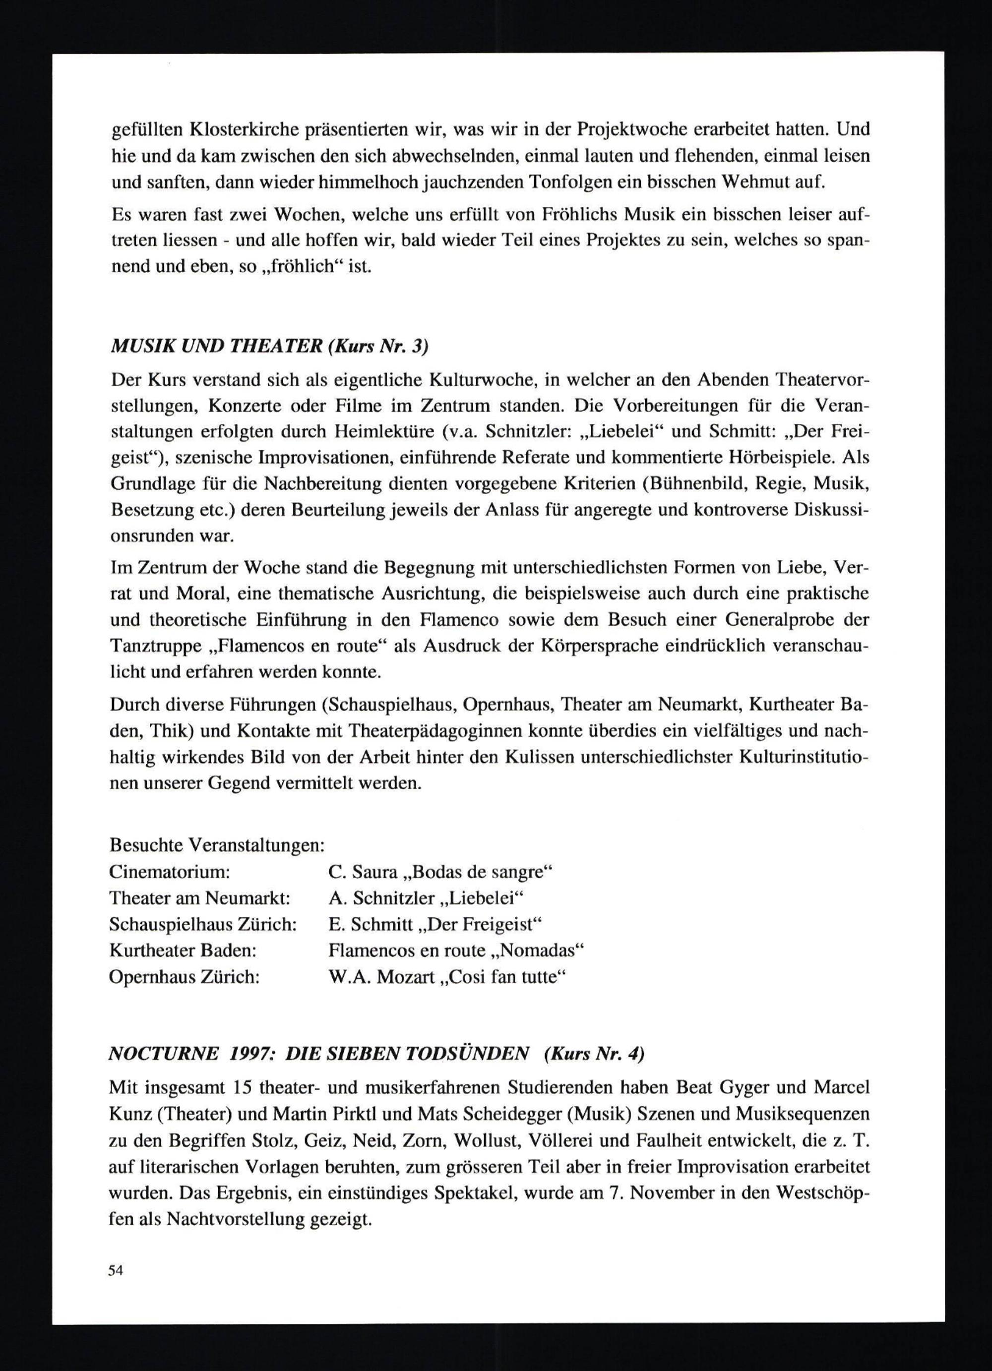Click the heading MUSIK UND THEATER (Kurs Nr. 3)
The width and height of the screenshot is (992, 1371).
pyautogui.click(x=270, y=347)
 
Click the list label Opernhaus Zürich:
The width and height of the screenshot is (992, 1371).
pyautogui.click(x=185, y=977)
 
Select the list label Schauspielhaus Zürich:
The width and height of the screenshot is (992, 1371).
pyautogui.click(x=202, y=924)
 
